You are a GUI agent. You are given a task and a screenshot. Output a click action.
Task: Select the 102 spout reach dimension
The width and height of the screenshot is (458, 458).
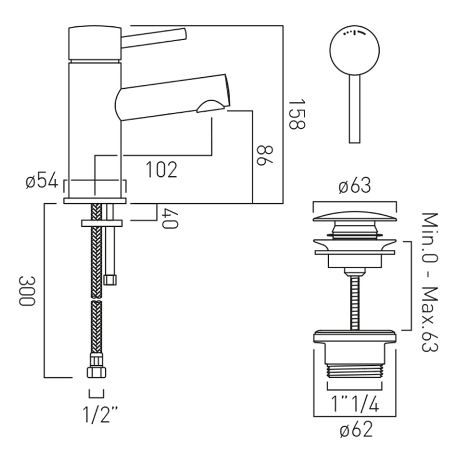[161, 169]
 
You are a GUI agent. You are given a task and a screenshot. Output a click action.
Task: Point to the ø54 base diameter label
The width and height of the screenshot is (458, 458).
[41, 182]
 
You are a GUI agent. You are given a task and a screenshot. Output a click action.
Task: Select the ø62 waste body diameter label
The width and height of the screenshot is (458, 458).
[354, 430]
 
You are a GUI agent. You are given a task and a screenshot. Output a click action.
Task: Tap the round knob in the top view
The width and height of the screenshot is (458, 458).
[355, 49]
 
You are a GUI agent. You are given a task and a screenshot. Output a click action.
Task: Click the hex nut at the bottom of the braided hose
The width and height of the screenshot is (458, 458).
[96, 372]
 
